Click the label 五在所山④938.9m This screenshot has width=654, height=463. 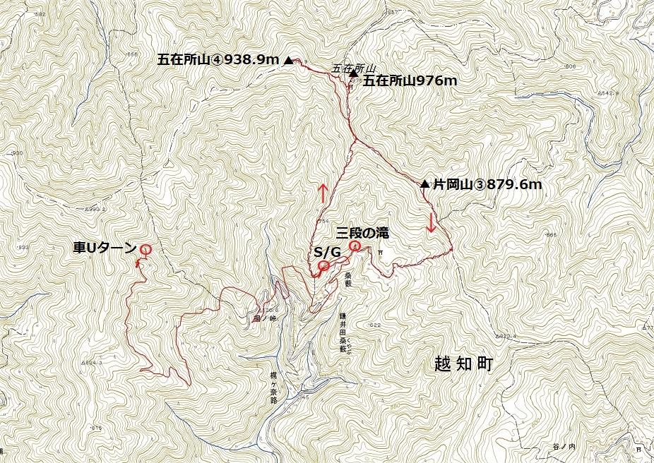tap(218, 61)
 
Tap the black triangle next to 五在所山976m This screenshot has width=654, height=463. tap(353, 73)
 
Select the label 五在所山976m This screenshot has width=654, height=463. tap(410, 80)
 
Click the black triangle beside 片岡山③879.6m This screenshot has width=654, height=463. tap(424, 184)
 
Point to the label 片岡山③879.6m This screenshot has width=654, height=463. tap(487, 185)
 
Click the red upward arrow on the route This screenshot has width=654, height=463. tap(322, 193)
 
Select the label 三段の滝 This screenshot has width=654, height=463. tap(362, 232)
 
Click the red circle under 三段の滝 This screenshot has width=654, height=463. tap(355, 246)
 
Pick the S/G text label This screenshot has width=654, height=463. tap(327, 251)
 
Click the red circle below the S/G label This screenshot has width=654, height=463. tap(323, 265)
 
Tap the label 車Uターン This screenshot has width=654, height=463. tap(105, 248)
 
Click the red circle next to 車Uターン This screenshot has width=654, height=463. tap(145, 248)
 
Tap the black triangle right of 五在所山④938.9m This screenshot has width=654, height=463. tap(288, 61)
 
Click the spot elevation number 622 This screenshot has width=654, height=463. tap(374, 325)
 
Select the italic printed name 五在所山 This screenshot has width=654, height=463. tap(348, 68)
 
